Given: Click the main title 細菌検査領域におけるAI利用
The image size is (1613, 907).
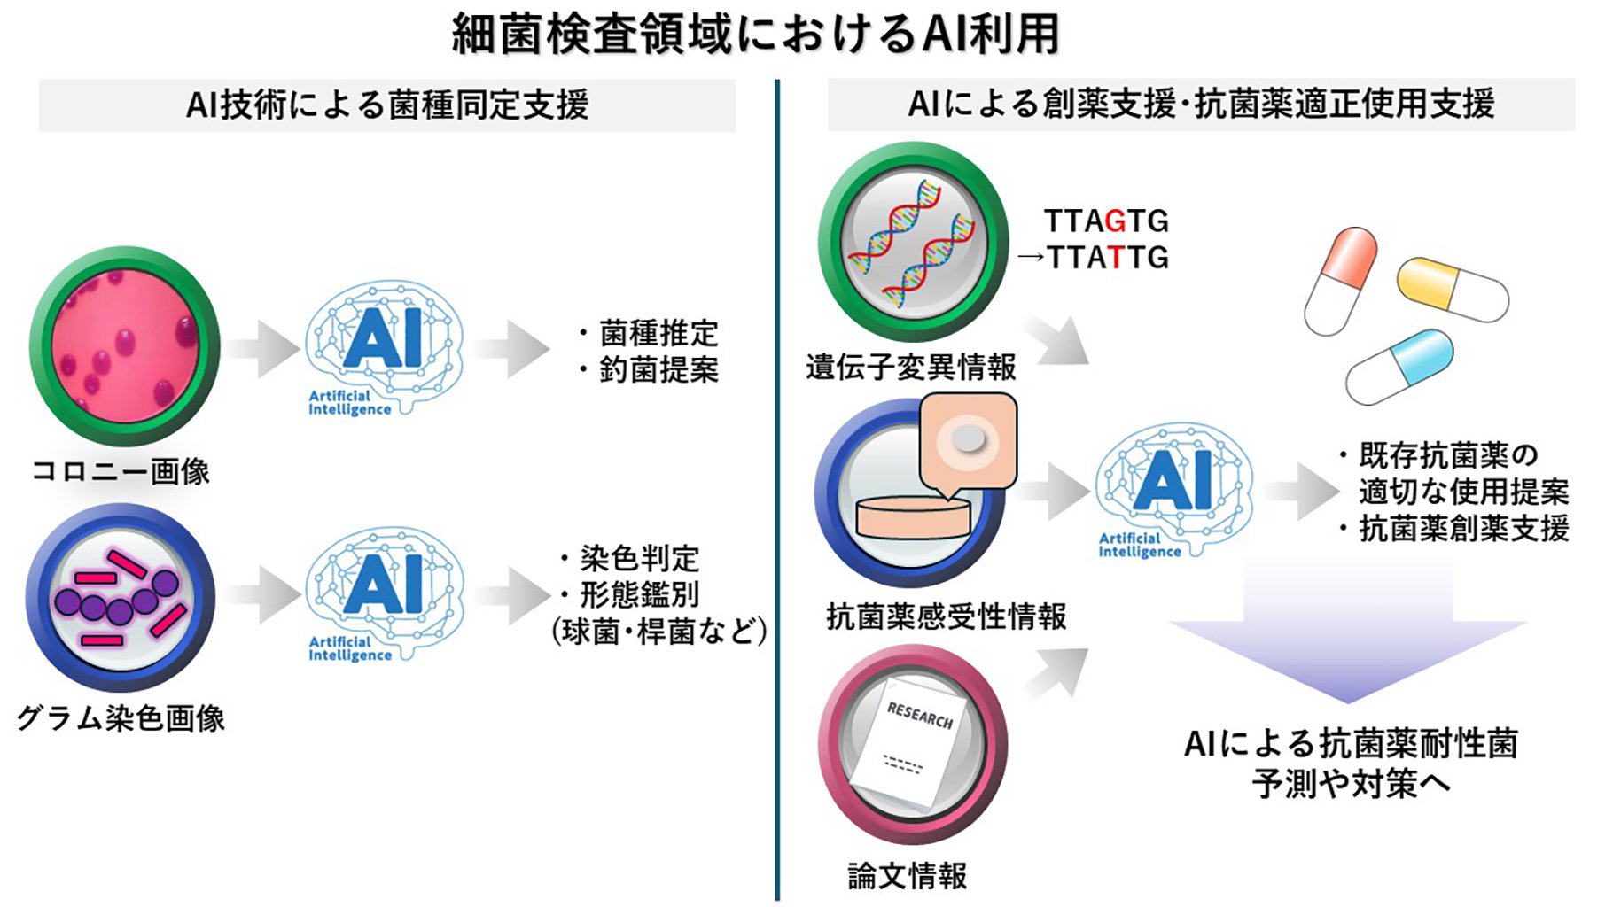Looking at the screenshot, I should [755, 35].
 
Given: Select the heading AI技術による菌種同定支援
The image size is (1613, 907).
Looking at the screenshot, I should [387, 105].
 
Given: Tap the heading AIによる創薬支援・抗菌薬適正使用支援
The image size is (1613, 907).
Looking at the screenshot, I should [1201, 105].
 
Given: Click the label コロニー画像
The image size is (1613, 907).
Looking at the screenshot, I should [121, 470].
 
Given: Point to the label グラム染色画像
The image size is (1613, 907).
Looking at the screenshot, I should [121, 717].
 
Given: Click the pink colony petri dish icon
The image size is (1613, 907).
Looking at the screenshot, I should [124, 345].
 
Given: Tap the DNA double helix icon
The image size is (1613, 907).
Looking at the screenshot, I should [913, 242].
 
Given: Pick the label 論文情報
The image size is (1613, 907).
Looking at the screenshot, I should [907, 875].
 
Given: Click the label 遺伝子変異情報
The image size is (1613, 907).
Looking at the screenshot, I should [910, 367].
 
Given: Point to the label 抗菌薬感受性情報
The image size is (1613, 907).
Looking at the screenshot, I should [946, 616].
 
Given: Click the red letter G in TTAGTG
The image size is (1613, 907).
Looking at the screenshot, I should [1116, 220].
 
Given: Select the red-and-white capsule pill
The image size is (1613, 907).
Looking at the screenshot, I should [1340, 281].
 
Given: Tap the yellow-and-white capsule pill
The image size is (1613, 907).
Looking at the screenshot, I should [1452, 290].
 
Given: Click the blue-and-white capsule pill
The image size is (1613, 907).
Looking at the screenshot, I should [1399, 367].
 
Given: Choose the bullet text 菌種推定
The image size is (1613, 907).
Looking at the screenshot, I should [658, 333].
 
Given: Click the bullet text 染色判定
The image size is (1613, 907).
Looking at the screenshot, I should [639, 558].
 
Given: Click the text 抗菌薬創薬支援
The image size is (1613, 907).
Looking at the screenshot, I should [1463, 528].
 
